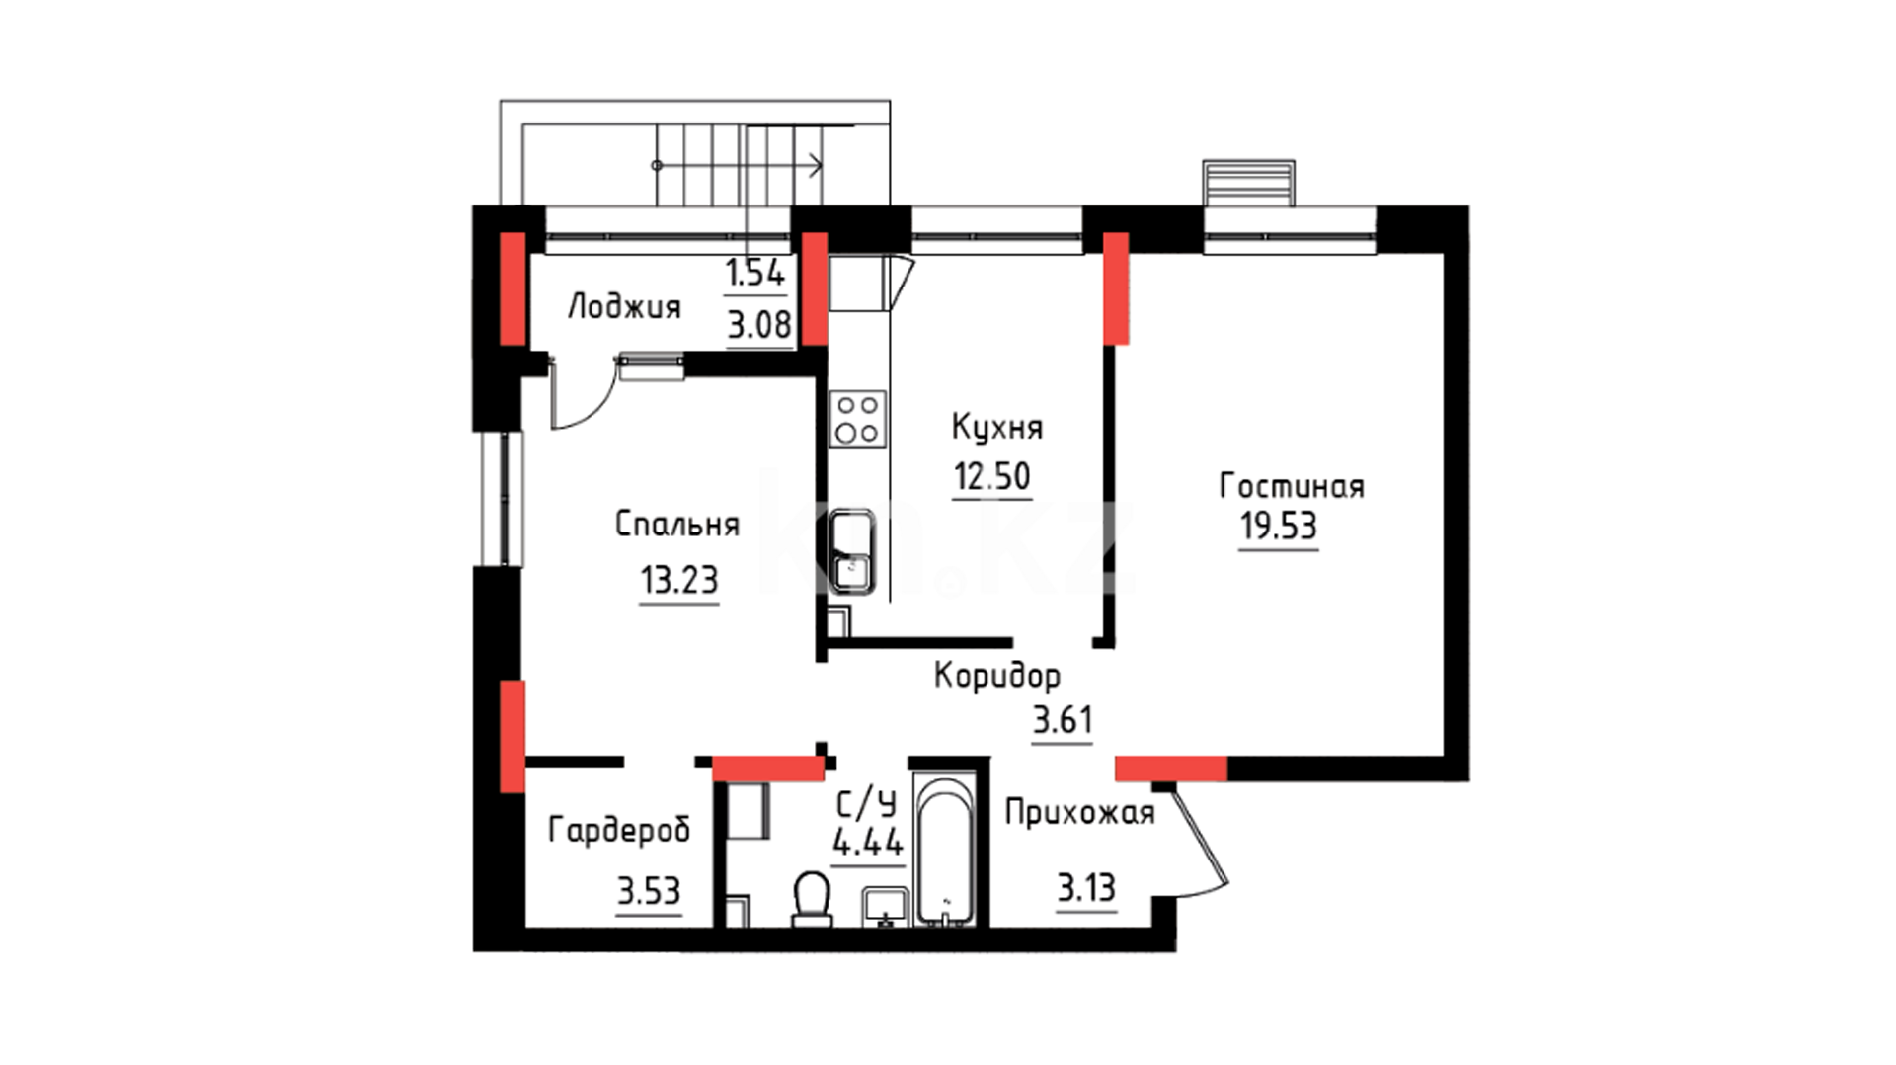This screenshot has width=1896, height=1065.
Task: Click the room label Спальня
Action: pos(677,524)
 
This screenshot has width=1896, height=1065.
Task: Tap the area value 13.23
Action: pos(679,580)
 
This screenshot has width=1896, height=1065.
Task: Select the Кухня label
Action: pos(997,428)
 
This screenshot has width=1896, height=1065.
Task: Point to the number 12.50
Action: pos(992,476)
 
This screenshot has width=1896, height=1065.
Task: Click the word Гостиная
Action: pos(1292,486)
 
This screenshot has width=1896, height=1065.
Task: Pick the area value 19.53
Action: pos(1279,526)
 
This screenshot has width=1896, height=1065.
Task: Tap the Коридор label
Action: pos(997,677)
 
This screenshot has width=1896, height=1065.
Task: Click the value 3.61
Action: pos(1063,720)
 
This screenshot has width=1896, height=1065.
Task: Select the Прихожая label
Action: pos(1079,813)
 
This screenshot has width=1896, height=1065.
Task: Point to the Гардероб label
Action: pos(619,831)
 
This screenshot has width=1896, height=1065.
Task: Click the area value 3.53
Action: pos(649,891)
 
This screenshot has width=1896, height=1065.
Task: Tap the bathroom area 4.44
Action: pos(868,843)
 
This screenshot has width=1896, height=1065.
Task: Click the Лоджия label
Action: pos(624,307)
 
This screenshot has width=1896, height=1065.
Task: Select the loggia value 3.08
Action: pos(759,325)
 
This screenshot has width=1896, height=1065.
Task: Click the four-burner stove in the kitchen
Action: pos(857,419)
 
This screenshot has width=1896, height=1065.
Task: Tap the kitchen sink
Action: pos(851,551)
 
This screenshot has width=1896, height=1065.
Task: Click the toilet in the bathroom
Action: pos(812,899)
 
